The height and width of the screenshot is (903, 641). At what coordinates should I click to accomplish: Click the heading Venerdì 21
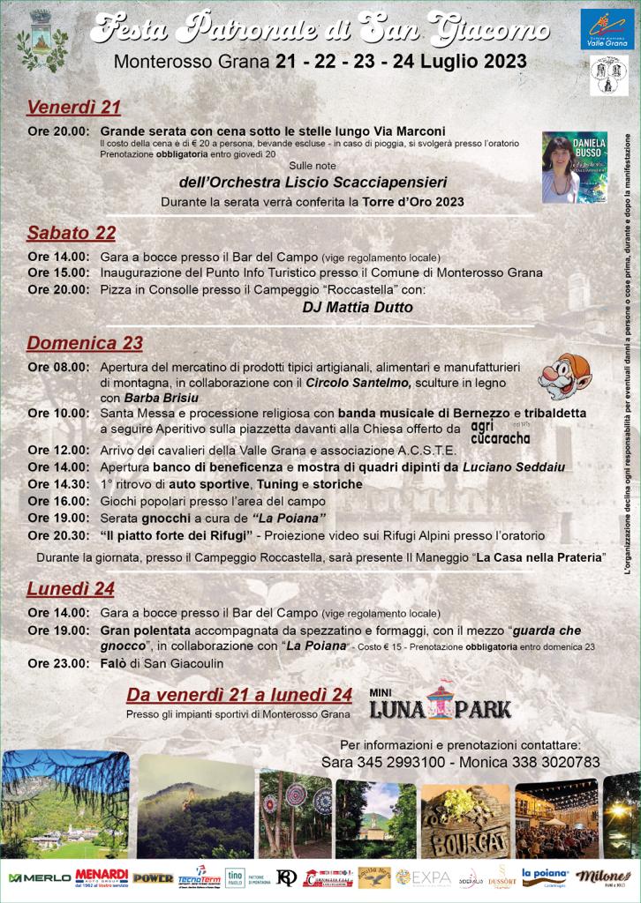pos(73,108)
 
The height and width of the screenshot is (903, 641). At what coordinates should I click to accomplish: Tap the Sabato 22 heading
pos(71,233)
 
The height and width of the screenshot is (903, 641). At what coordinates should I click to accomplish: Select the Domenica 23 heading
pos(84,343)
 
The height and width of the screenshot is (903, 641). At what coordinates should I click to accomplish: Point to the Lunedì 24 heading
pos(71,588)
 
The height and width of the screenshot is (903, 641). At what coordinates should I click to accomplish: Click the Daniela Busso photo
pos(574,168)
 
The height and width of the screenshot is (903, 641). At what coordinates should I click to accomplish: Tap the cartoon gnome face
pos(564,377)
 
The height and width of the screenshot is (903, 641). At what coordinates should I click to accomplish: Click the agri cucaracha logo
pos(500,429)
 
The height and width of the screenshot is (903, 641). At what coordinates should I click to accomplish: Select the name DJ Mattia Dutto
pos(357,308)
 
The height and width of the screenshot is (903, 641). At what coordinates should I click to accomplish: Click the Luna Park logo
pos(440,702)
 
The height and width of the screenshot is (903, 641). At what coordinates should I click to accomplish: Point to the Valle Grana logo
pos(607,29)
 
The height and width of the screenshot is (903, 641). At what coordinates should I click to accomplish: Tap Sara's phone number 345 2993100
pos(402,762)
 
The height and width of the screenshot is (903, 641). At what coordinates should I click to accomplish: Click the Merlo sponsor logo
pos(39,877)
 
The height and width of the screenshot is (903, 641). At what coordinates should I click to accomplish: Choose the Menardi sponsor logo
pos(102,877)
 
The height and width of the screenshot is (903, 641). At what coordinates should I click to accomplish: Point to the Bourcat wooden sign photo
pos(464,820)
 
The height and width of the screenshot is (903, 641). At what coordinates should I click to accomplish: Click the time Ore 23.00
pos(57,663)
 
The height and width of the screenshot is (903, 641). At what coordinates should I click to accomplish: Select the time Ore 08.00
pos(57,367)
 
